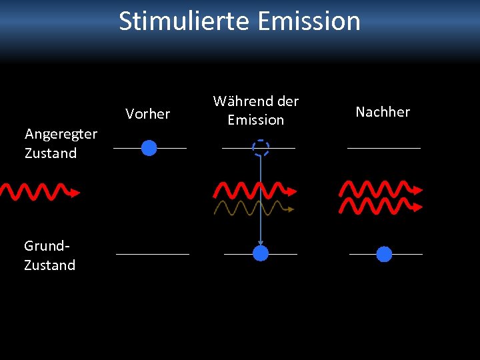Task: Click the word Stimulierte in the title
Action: coord(184,21)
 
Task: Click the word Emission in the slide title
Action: coord(308,21)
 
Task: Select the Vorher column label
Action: coord(147,114)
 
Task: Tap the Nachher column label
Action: coord(383,112)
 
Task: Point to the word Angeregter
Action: coord(61,134)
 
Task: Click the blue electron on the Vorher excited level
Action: coord(149,147)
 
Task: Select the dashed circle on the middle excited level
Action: coord(261,148)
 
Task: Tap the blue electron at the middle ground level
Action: coord(261,253)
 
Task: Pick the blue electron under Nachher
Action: coord(384,254)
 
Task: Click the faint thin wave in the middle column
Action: coord(253,209)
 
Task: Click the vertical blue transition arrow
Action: coord(261,200)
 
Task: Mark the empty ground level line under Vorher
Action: coord(153,254)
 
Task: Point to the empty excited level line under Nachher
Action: coord(384,147)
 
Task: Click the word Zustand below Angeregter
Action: coord(51,153)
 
